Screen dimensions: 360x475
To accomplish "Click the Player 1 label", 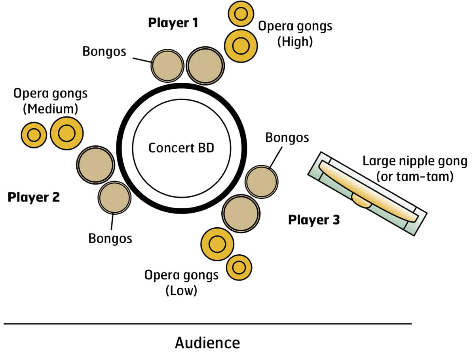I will [x=173, y=23].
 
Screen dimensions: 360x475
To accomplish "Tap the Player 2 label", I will [x=34, y=197].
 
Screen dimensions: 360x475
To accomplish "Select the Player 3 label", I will [x=314, y=220].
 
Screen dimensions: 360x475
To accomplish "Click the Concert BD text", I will [x=181, y=148].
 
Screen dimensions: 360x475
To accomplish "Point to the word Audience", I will [x=207, y=343].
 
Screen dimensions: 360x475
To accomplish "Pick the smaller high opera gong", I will [x=241, y=14].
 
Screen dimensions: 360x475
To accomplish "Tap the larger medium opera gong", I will [x=66, y=133].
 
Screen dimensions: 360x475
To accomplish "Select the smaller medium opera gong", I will [x=34, y=135].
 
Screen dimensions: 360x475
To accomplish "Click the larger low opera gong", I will [x=217, y=244].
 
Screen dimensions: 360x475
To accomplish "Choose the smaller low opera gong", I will [x=239, y=268].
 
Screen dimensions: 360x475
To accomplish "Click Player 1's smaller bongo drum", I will [x=167, y=66].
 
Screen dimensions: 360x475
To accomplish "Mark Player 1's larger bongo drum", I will [x=205, y=65].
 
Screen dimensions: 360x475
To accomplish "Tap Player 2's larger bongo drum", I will [x=96, y=164].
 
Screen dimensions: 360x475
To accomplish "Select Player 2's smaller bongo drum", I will [x=114, y=198].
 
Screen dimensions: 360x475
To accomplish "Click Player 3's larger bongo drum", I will [x=241, y=213].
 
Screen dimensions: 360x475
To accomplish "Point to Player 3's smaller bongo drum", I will [x=262, y=182].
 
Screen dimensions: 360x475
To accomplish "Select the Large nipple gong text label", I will [x=414, y=168].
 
